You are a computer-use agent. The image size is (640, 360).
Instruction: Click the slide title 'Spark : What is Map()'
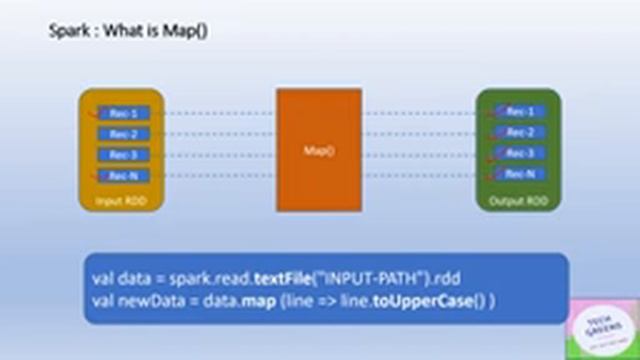(128, 31)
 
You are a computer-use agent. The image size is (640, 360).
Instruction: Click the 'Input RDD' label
(119, 199)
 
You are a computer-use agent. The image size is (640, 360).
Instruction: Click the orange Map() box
(319, 150)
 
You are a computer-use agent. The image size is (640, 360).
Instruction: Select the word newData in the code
(150, 300)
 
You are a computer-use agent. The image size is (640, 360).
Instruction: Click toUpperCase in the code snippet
(417, 300)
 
